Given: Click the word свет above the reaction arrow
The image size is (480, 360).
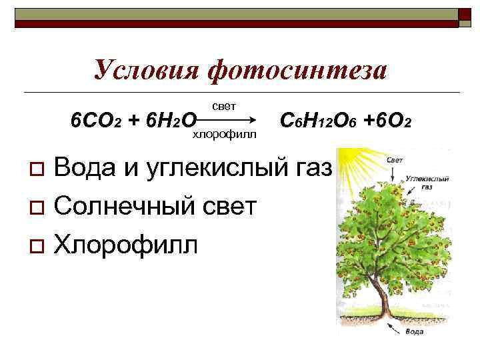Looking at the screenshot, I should pyautogui.click(x=223, y=106).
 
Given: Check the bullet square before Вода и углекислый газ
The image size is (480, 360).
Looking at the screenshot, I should pyautogui.click(x=39, y=167).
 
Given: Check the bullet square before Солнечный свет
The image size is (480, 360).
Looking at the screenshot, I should pyautogui.click(x=39, y=207).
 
